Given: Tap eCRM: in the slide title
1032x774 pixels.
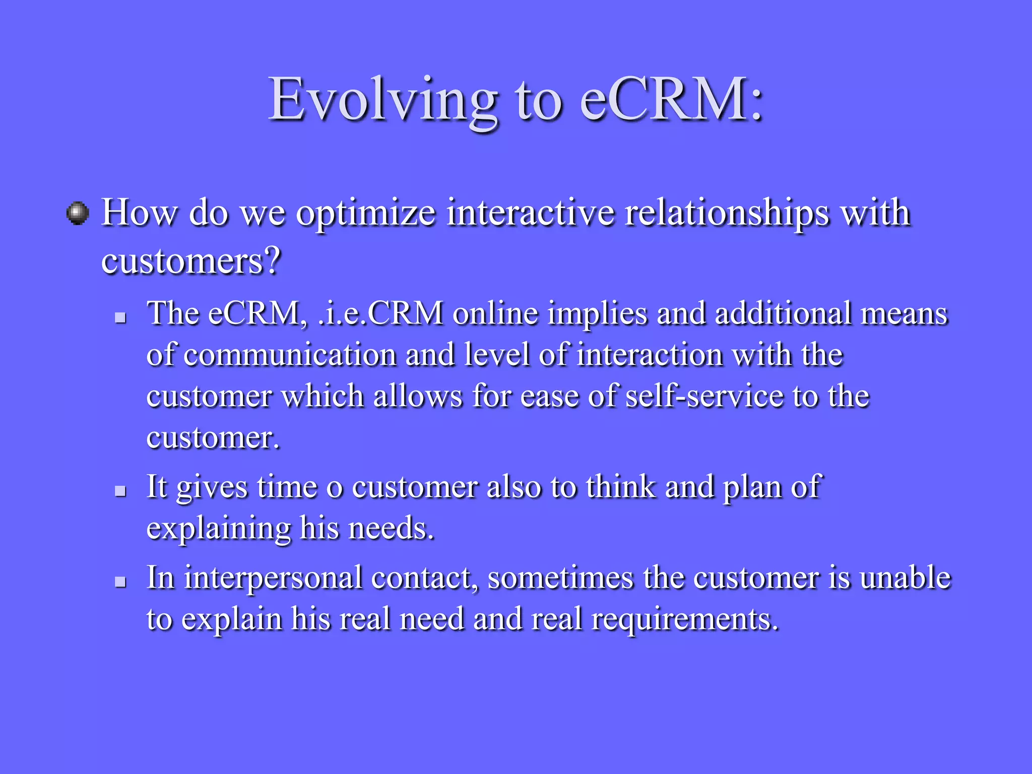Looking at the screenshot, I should point(672,99).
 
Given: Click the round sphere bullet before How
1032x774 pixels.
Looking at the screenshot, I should point(78,213).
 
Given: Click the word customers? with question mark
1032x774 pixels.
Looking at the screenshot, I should point(190,262).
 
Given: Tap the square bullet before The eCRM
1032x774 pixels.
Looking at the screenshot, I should point(120,317).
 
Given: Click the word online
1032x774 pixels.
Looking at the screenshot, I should point(495,313).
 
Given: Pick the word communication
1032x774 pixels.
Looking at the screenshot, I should point(290,355).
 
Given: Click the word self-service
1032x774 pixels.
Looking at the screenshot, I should point(704,396).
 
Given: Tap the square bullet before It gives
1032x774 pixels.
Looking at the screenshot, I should point(120,491).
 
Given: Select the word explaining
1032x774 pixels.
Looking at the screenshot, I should point(218,529).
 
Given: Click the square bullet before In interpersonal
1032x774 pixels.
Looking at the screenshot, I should point(120,582).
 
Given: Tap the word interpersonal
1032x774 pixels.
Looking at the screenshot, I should point(273,578).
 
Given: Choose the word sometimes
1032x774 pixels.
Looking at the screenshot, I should point(560,577).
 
